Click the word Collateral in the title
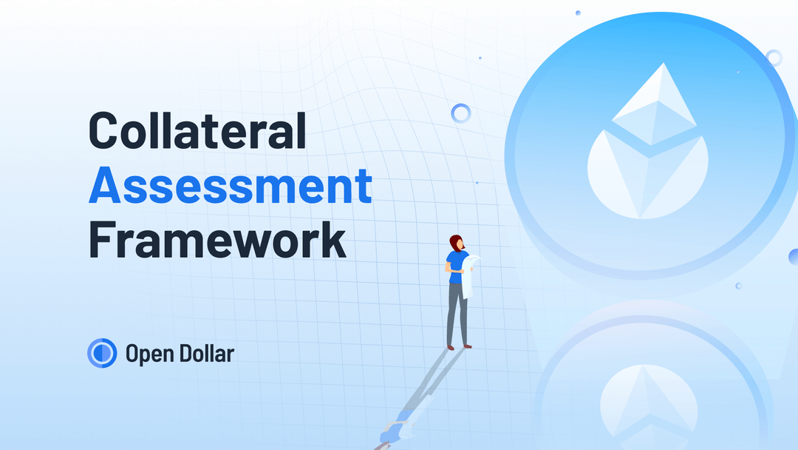click(x=197, y=131)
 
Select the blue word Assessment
click(x=230, y=187)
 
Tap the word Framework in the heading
click(x=217, y=241)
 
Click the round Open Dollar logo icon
click(x=102, y=353)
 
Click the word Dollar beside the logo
click(x=207, y=353)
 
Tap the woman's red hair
click(x=456, y=244)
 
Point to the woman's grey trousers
click(x=457, y=311)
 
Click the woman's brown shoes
click(x=458, y=346)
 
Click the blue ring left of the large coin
click(x=461, y=113)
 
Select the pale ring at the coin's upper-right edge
click(x=773, y=58)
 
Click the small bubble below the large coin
click(x=737, y=286)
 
